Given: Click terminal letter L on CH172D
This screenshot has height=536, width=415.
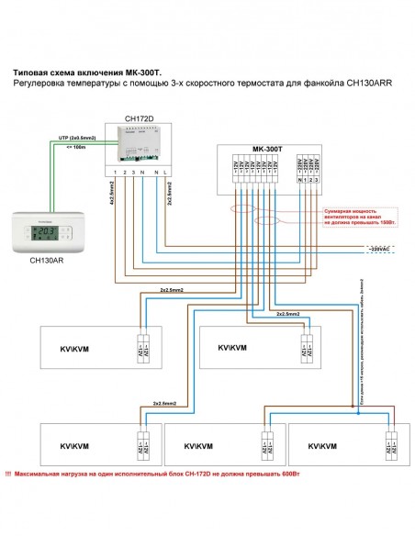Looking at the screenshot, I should click(x=166, y=173).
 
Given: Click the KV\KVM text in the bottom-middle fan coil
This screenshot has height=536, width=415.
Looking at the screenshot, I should click(x=198, y=446).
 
